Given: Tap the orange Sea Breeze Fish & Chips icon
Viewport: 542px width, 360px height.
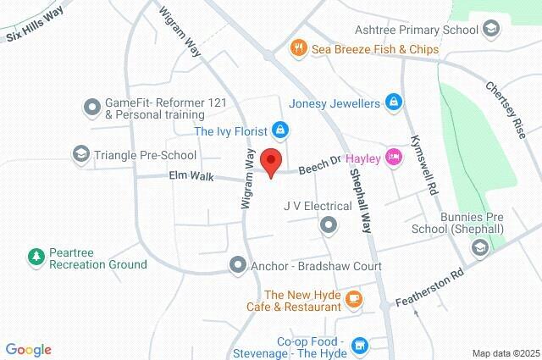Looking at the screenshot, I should [x=298, y=49].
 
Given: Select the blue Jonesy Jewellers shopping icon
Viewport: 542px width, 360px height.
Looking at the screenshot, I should [x=393, y=103].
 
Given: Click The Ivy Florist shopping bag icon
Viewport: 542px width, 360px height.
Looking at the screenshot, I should [x=280, y=131].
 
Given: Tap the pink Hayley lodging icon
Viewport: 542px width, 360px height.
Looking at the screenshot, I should [x=393, y=157].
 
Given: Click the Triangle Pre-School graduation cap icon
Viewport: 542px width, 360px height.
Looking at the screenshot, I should [x=80, y=155].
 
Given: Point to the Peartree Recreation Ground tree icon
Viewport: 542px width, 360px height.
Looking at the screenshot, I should [x=36, y=255].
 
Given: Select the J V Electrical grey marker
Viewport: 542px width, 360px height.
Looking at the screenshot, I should [x=328, y=224].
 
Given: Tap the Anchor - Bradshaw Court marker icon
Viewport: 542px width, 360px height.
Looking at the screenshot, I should [x=238, y=266].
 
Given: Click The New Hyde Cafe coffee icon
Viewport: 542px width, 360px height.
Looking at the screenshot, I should [x=354, y=298].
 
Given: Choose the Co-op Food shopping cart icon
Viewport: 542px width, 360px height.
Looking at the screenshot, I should [x=361, y=345].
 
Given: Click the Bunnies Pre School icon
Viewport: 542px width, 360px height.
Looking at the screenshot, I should [x=480, y=247].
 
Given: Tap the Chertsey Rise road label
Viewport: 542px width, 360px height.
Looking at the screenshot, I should [x=506, y=109].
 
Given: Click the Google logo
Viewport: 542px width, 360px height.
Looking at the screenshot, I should [x=28, y=350].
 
